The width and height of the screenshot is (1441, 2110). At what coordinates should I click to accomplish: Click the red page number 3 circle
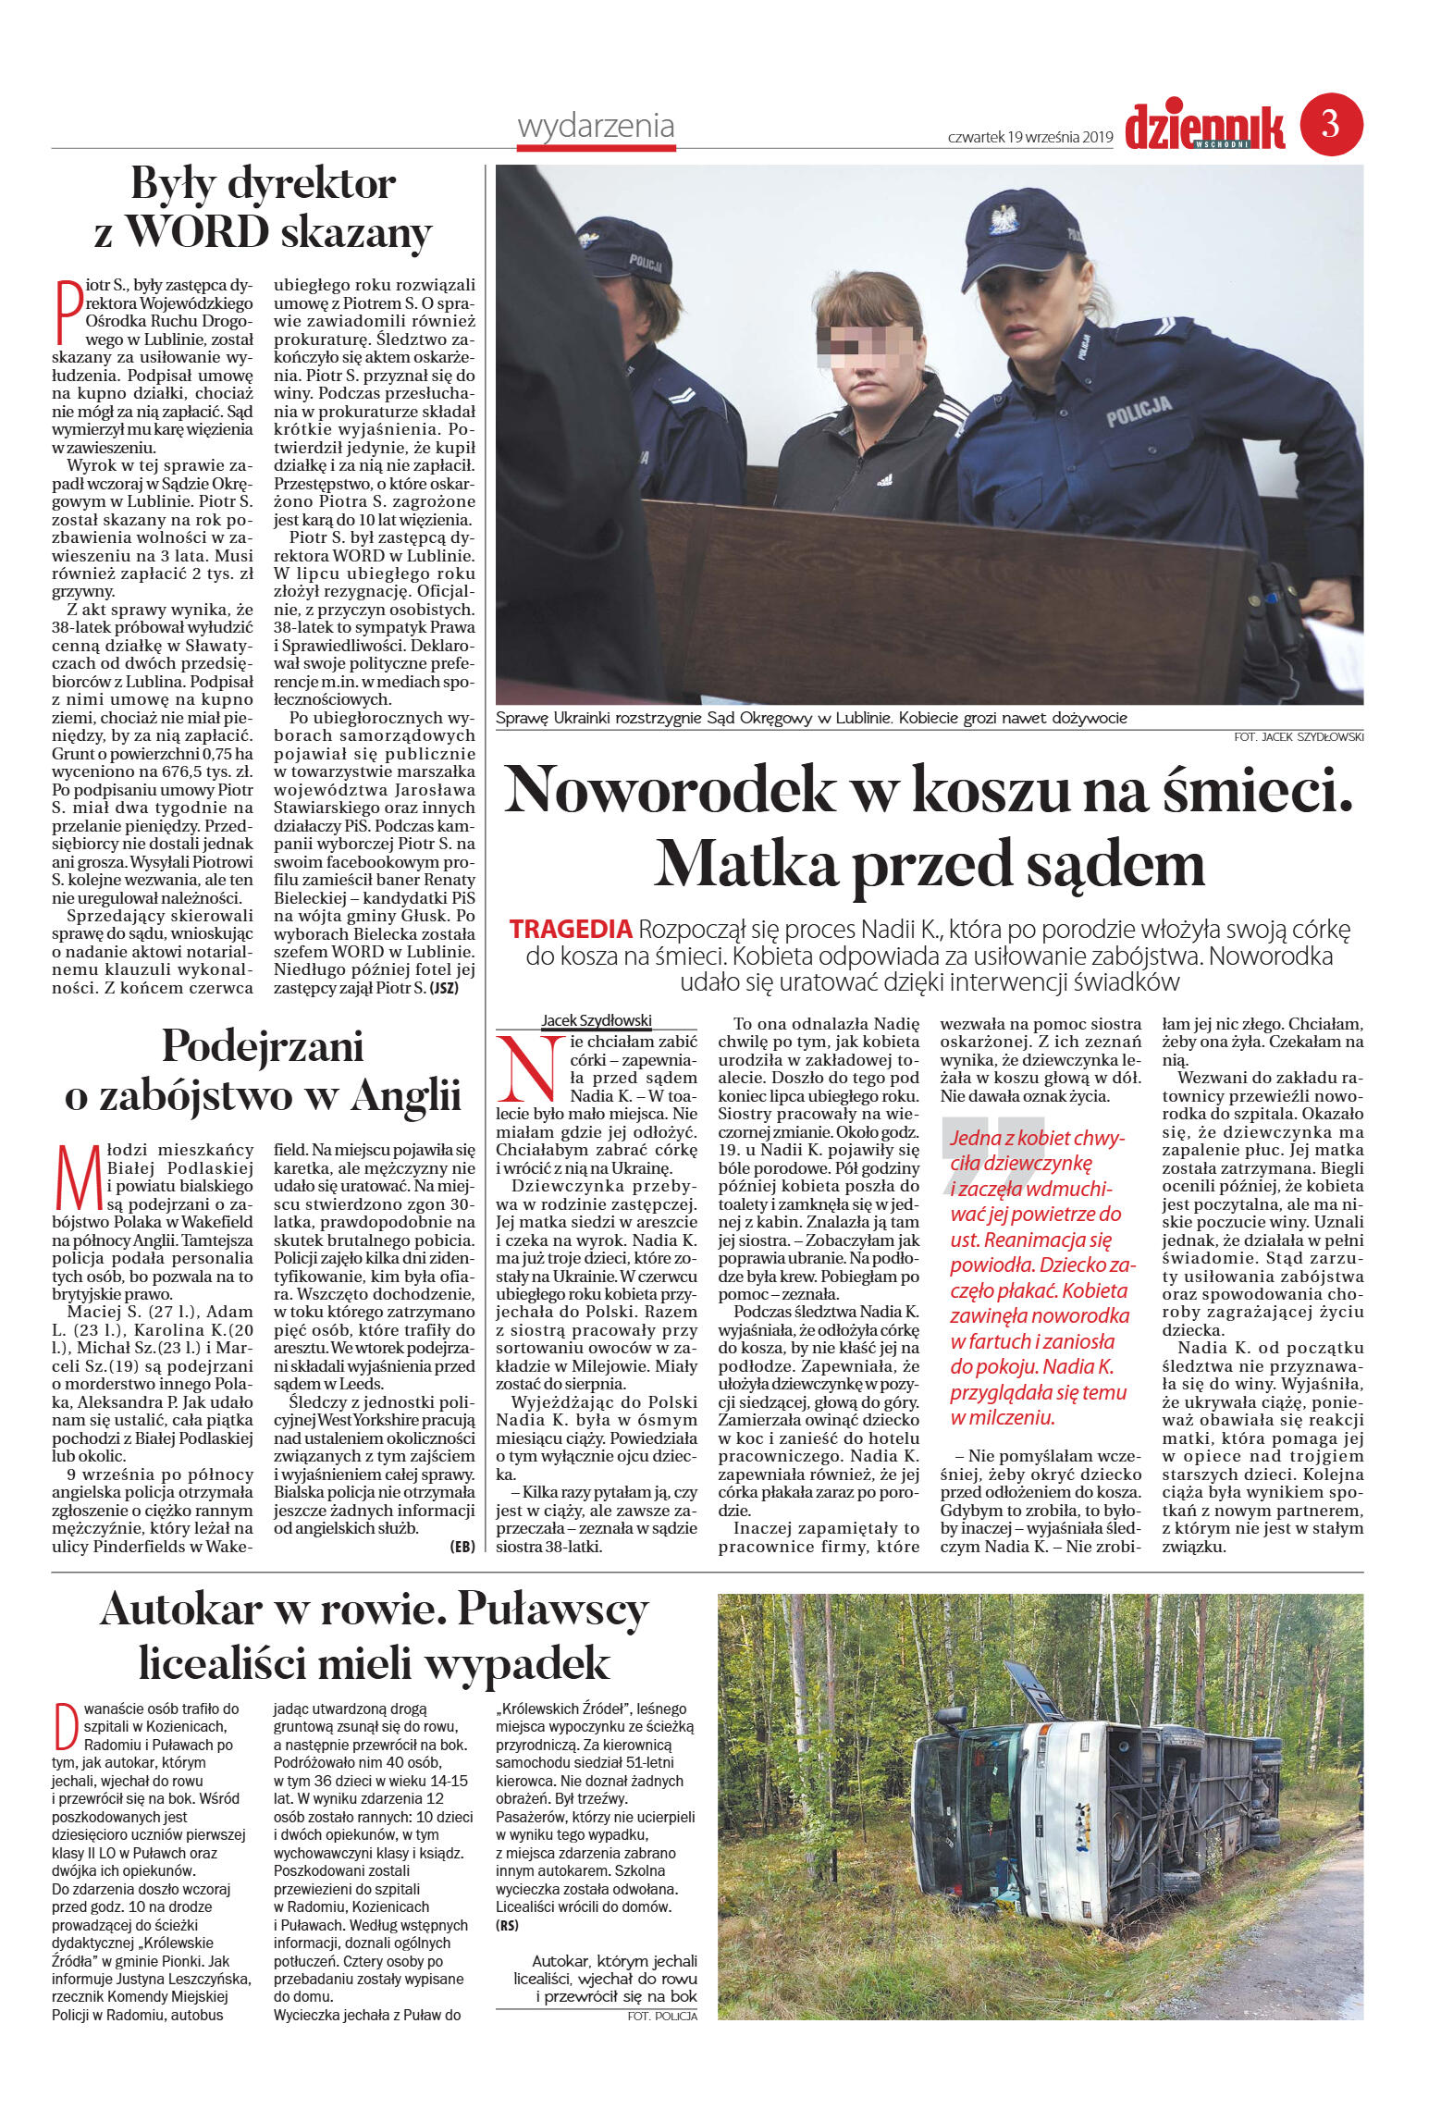[1331, 124]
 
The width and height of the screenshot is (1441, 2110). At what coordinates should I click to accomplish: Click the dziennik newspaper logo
[1205, 127]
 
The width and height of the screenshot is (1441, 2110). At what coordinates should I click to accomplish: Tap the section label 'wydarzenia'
[596, 126]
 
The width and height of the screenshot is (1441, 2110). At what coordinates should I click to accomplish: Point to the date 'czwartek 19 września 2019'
[1030, 137]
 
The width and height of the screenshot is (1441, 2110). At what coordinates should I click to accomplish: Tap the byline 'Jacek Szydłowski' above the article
[597, 1020]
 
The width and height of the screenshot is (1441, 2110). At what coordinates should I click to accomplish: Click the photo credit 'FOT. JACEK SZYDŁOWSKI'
[1298, 737]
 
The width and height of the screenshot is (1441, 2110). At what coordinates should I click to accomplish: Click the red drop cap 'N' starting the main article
[530, 1065]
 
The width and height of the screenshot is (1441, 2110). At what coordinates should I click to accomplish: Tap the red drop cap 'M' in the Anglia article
[78, 1178]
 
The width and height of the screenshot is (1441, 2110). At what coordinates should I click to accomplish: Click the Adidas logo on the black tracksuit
[884, 479]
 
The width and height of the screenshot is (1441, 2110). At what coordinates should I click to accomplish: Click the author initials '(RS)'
[507, 1925]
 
